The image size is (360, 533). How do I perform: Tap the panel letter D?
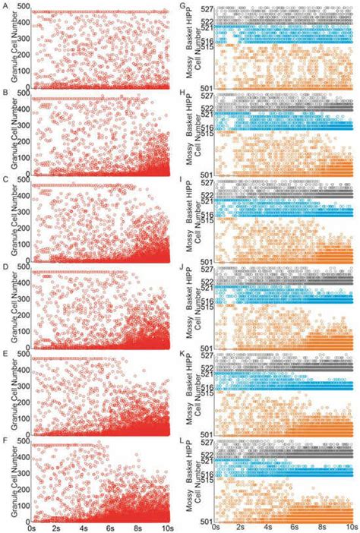coord(5,268)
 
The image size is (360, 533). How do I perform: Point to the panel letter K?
coord(186,354)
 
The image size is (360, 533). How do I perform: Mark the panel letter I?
coord(186,180)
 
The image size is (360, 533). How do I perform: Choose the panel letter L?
coord(186,441)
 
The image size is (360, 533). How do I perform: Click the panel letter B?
coord(5,93)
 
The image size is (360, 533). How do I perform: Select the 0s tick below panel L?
coord(217,525)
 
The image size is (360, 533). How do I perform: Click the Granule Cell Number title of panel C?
coord(7,220)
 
